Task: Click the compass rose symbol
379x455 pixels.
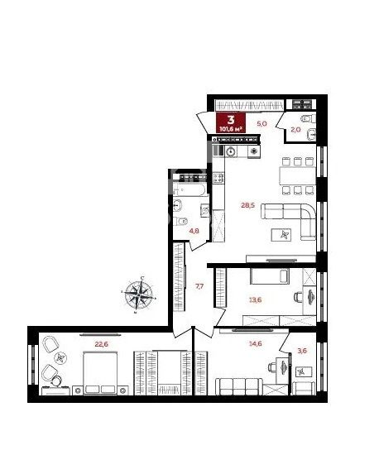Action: pos(139,295)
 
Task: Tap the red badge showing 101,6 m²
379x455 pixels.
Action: pos(231,122)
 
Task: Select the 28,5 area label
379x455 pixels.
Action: pos(247,205)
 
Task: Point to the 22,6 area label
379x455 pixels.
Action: pos(102,344)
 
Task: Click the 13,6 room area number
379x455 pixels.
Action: pos(256,299)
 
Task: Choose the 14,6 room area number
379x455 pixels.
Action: pos(256,343)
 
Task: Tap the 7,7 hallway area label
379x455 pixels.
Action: pos(199,286)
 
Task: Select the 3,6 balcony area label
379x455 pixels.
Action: pos(302,351)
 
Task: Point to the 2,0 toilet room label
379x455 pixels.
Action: pos(295,130)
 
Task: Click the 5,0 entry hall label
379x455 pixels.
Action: pos(261,123)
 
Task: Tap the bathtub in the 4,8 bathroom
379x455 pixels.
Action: pos(189,189)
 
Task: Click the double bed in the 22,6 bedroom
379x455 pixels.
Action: pos(100,373)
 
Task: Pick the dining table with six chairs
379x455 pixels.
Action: pos(297,176)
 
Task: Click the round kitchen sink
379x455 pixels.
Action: pos(231,151)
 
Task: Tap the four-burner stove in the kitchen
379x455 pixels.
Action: pos(218,178)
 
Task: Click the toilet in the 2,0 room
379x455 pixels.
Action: pos(307,118)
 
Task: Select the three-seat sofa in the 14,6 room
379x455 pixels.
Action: pos(239,386)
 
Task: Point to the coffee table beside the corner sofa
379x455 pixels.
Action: pos(281,235)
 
